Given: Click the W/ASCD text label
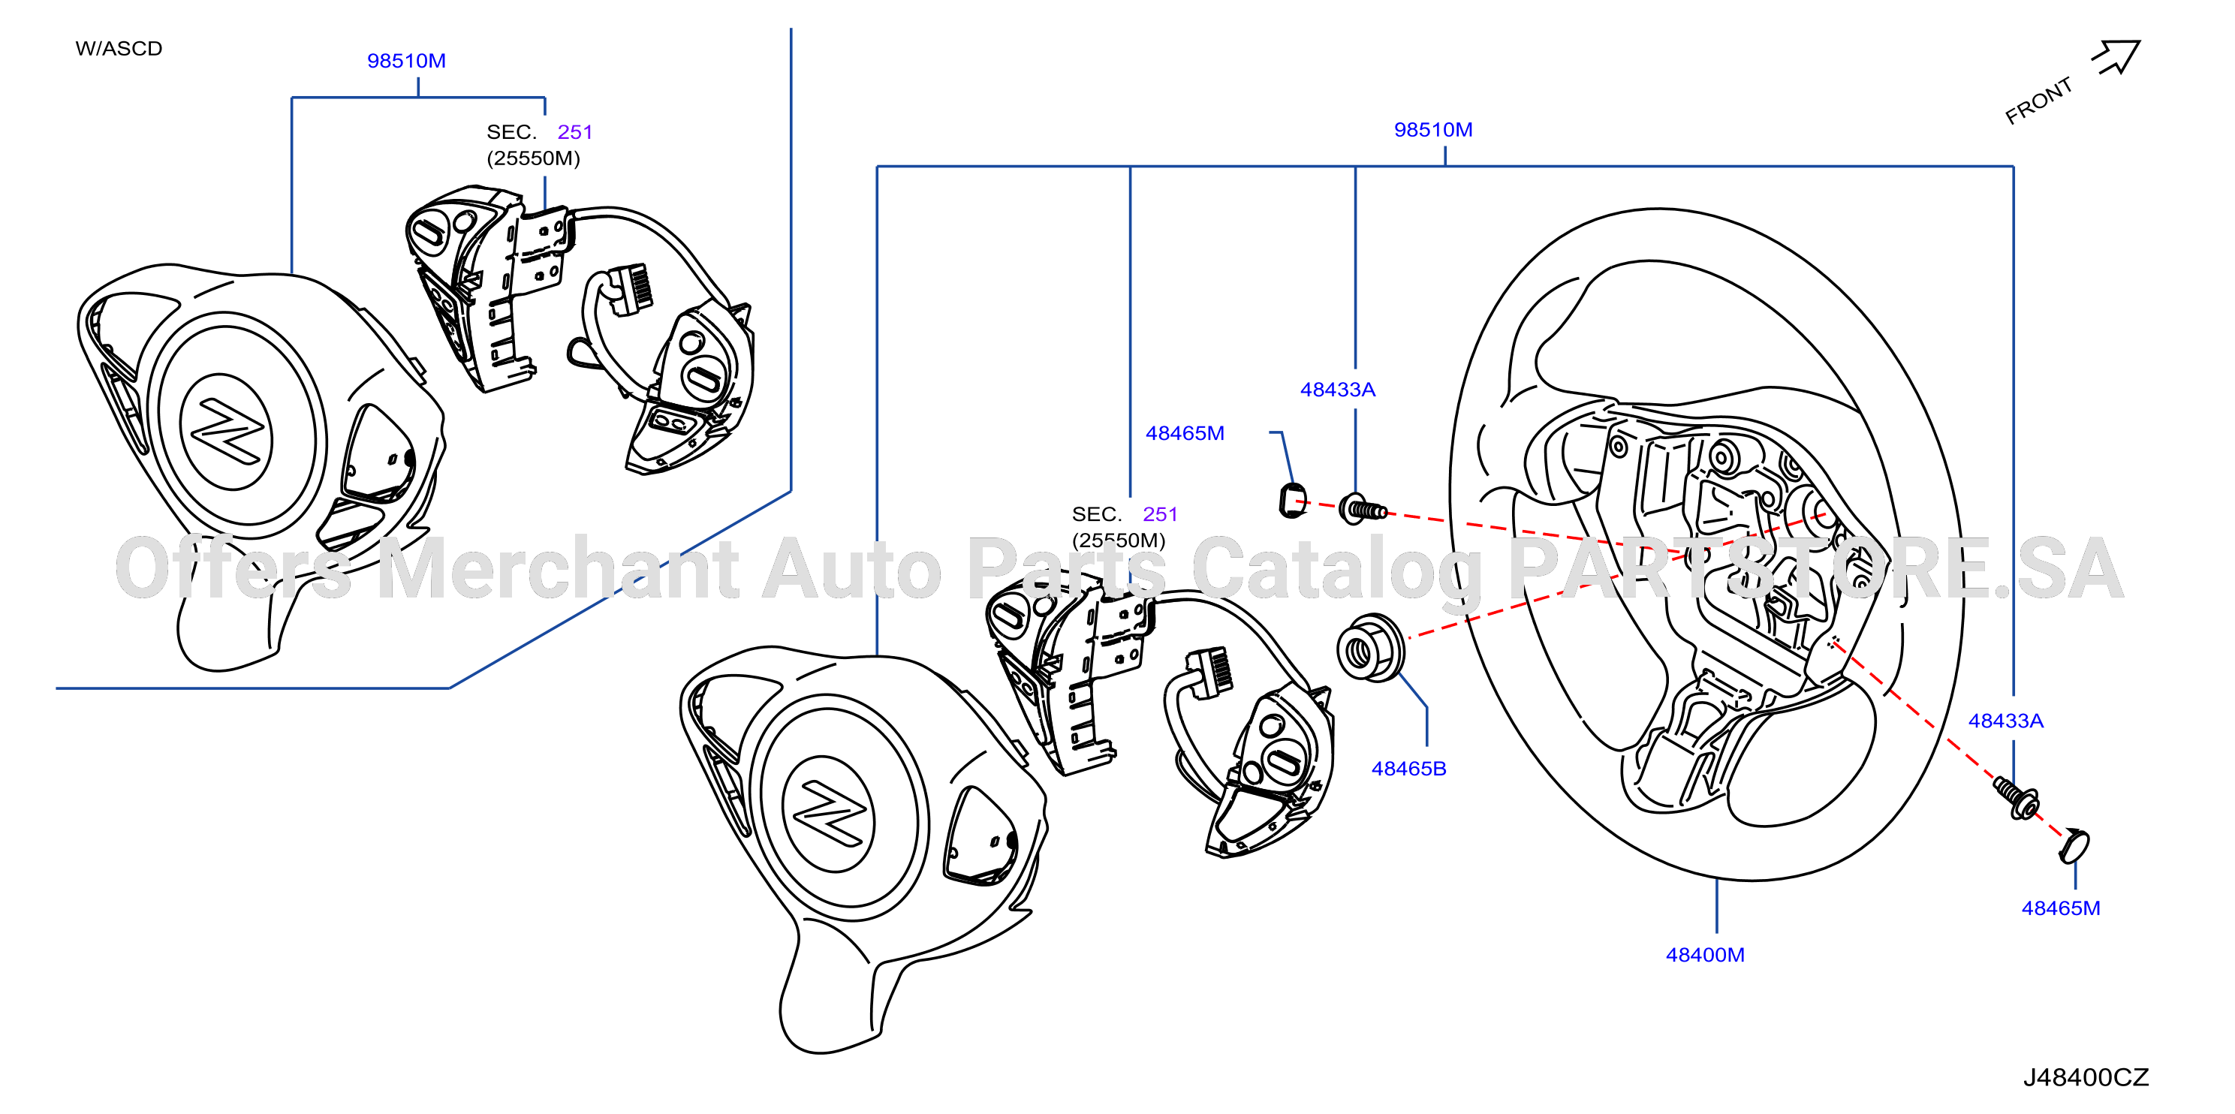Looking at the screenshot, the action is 119,49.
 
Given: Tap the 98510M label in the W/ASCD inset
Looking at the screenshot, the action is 406,61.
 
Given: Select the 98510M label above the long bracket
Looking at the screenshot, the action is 1433,129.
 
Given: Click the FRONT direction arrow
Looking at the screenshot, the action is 2118,57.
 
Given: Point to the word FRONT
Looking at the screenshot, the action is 2039,101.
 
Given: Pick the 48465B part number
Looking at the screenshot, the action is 1409,769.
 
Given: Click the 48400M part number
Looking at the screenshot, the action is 1705,954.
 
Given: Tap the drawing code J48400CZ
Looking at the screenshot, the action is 2086,1077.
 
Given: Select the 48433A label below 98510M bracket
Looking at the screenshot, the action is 1338,390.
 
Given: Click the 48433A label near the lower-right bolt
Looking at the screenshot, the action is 2006,721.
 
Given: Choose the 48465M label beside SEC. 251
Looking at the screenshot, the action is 1185,433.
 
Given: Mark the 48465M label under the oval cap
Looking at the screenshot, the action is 2061,908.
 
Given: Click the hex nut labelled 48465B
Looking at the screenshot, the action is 1371,647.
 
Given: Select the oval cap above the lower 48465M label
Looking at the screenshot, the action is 2074,846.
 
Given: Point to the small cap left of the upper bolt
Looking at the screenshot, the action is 1293,501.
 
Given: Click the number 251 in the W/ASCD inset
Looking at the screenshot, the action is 574,132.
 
